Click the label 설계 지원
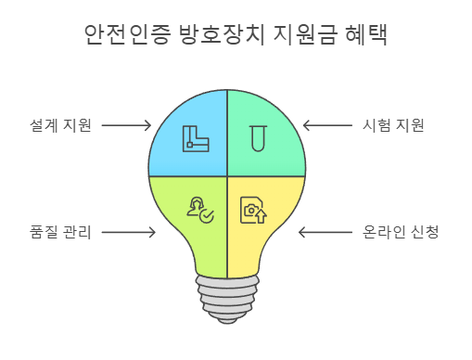pos(60,125)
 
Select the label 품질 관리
pos(60,232)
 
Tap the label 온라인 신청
pos(400,232)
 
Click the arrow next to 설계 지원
pos(126,125)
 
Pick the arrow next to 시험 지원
pos(327,125)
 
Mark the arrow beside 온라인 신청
pos(324,232)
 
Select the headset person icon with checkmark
pos(200,211)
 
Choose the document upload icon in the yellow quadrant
pos(253,211)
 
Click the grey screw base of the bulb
pos(226,300)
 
